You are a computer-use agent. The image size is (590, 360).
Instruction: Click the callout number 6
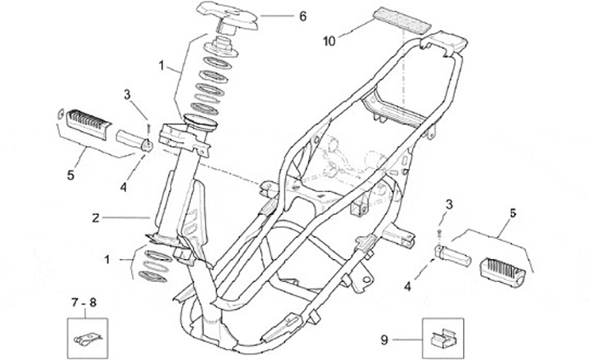[279, 16]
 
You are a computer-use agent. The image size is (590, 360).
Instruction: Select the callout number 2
[96, 218]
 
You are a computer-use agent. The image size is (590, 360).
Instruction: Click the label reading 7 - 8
[82, 303]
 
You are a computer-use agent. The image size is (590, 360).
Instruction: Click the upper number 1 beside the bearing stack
[162, 63]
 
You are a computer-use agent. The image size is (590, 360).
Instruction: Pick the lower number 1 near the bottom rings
[106, 259]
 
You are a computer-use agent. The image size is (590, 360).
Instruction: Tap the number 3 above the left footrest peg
[127, 95]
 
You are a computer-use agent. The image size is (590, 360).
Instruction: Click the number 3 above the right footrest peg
[447, 203]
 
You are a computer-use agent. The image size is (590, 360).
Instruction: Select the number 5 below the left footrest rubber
[70, 174]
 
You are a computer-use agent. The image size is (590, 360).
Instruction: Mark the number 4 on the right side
[406, 285]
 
